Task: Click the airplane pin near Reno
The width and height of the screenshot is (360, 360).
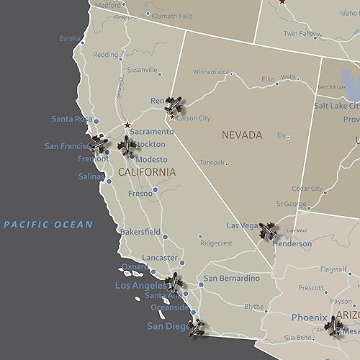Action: click(173, 106)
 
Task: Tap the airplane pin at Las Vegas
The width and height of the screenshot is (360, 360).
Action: click(268, 230)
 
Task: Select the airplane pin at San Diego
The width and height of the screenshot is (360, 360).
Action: click(195, 328)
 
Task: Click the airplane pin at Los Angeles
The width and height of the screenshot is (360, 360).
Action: click(174, 282)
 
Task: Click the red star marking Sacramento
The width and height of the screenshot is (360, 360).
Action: click(127, 125)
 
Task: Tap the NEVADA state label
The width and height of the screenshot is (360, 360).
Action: click(242, 135)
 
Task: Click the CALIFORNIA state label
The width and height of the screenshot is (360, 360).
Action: click(146, 172)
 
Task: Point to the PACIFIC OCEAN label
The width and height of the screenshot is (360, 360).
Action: click(48, 225)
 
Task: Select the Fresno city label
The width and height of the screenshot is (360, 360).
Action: click(140, 193)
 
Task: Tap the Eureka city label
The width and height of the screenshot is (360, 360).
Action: click(70, 38)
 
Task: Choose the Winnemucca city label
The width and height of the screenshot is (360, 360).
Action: click(211, 72)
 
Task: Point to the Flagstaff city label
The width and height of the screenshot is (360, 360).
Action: click(333, 269)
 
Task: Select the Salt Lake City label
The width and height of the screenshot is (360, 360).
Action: click(337, 105)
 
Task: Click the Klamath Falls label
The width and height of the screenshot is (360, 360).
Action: click(172, 15)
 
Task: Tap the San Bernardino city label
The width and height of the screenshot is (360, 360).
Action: click(231, 279)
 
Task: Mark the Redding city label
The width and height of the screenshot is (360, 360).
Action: click(105, 55)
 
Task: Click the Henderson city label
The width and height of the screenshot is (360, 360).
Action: click(292, 244)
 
